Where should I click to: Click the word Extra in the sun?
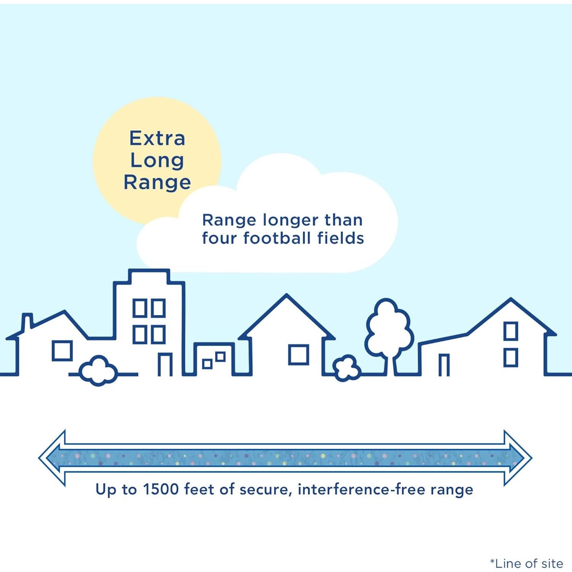click(157, 138)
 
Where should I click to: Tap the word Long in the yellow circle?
click(157, 161)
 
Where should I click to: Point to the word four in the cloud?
click(219, 238)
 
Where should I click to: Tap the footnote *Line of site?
click(527, 563)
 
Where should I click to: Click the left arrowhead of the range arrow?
click(52, 458)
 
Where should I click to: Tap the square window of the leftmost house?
click(62, 351)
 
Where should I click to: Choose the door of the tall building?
click(165, 365)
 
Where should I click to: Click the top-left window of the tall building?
click(140, 308)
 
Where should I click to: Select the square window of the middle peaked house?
click(299, 355)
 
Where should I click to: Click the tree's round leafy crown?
click(389, 328)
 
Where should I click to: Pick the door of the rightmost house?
click(444, 365)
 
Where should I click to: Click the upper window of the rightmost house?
click(511, 331)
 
